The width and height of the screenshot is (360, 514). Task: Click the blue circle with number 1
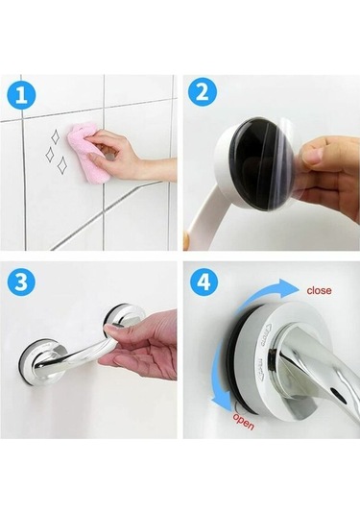(21, 95)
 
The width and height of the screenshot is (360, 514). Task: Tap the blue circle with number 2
(204, 92)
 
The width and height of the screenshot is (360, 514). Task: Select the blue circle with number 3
(21, 281)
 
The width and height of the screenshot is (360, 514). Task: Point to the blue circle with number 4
(204, 281)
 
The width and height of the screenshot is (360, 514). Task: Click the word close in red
(319, 290)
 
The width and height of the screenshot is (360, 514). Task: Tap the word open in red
(244, 422)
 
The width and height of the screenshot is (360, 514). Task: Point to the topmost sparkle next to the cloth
(55, 137)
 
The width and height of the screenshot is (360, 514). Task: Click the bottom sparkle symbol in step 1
(61, 165)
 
